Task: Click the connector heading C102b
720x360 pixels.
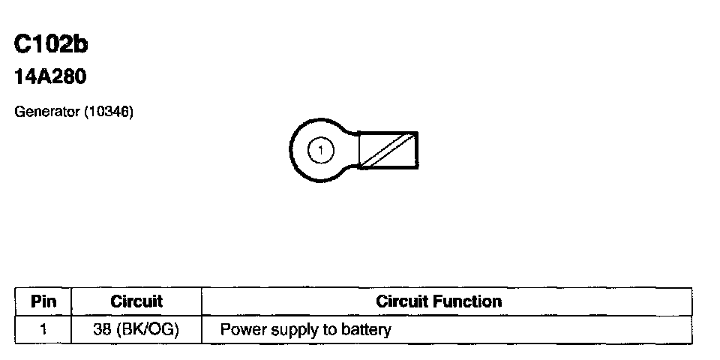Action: tap(51, 45)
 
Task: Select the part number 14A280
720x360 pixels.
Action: tap(51, 76)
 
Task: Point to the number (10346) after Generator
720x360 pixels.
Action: tap(108, 112)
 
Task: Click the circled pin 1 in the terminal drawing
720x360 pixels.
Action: tap(320, 150)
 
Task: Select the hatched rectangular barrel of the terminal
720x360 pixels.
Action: tap(388, 150)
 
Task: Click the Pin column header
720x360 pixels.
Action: tap(43, 301)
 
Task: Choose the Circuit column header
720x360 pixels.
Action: tap(136, 301)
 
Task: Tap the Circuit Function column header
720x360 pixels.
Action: tap(439, 301)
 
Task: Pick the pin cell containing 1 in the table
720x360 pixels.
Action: tap(43, 329)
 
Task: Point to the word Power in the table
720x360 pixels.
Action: tap(239, 329)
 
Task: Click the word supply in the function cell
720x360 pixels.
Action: tap(283, 330)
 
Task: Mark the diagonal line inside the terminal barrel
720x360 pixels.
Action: tap(388, 150)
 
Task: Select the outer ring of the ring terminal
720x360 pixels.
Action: tap(295, 150)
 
